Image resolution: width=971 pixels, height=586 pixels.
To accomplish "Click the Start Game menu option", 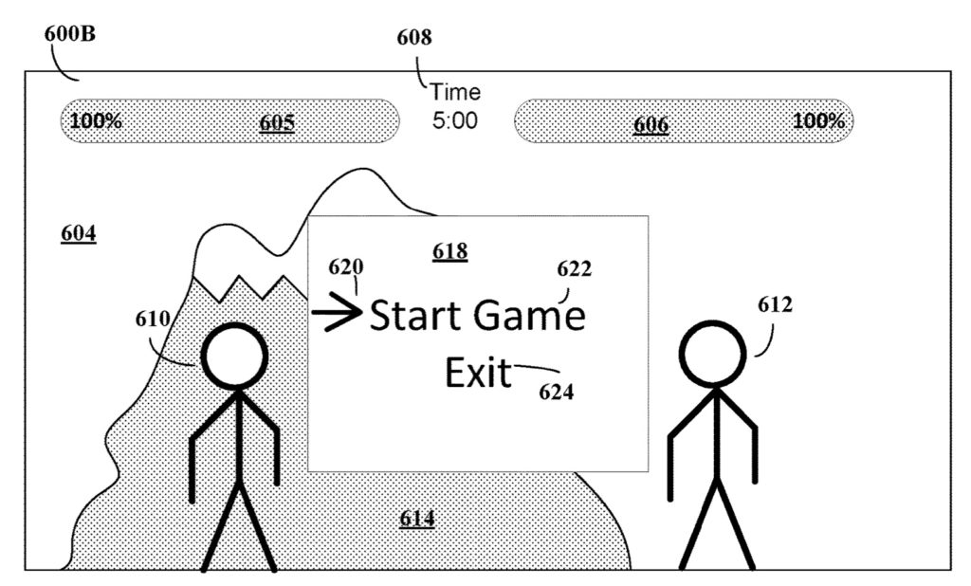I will pos(477,316).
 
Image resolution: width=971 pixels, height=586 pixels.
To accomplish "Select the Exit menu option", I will pos(478,374).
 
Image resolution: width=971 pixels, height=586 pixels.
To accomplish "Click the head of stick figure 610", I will pos(232,358).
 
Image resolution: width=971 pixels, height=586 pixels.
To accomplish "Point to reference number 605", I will pos(277,122).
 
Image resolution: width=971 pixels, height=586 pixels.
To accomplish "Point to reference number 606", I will pos(650,124).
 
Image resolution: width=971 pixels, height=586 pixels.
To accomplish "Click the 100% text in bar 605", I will pos(96,121).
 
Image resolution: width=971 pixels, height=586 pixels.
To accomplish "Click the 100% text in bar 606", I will pos(818,120).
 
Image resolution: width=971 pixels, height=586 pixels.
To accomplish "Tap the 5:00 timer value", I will pos(455,121).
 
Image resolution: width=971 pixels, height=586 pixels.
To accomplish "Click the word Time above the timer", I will pos(455,93).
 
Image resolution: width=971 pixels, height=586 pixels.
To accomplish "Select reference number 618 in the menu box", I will pos(449,251).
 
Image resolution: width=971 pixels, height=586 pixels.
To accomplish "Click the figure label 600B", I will pos(69,33).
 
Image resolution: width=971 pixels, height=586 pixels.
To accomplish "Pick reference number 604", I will pos(78,232).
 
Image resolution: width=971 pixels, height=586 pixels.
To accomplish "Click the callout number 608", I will pos(413,38).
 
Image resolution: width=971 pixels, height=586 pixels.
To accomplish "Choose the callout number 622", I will pos(574,269).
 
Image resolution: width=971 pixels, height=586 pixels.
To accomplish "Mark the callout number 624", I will pos(556,391).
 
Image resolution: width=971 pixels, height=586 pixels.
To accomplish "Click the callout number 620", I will pos(346,266).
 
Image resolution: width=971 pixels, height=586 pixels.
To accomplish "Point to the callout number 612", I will pos(774,304).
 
